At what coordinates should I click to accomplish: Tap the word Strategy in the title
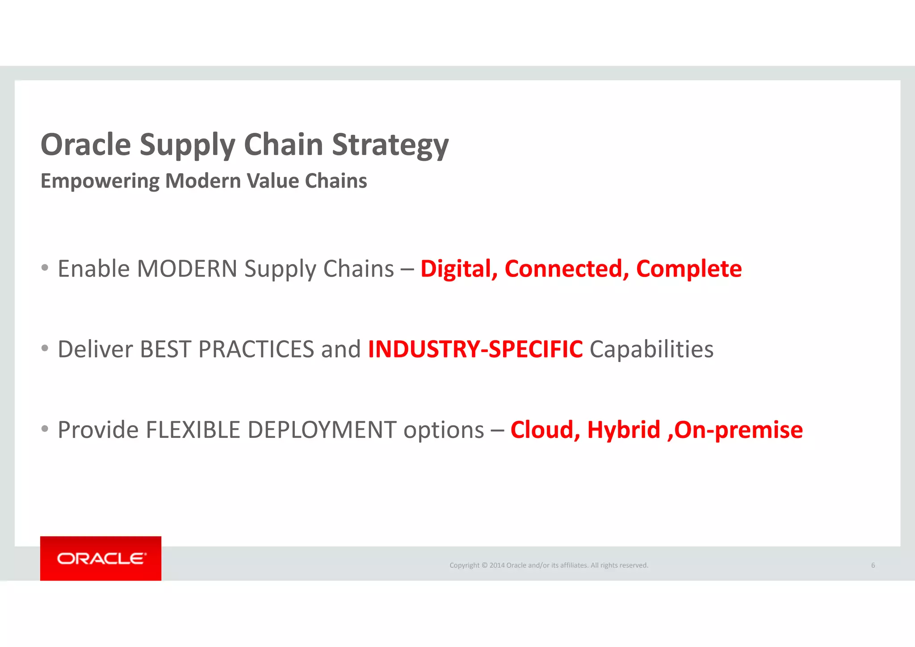coord(390,145)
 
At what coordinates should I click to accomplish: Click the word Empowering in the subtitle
coord(100,181)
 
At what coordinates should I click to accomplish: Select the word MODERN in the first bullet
coord(187,269)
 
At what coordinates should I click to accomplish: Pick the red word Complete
coord(688,269)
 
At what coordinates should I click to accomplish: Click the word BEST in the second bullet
coord(165,349)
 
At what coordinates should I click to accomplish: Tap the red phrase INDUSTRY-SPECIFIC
coord(475,349)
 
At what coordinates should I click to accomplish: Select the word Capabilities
coord(651,349)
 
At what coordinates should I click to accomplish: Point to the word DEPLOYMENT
coord(322,430)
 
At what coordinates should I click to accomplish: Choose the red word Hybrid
coord(624,430)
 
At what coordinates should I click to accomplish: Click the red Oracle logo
coord(101,559)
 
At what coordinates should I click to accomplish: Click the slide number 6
coord(873,565)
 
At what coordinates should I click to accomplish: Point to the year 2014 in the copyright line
coord(497,565)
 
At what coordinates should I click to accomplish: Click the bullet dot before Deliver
coord(45,349)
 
